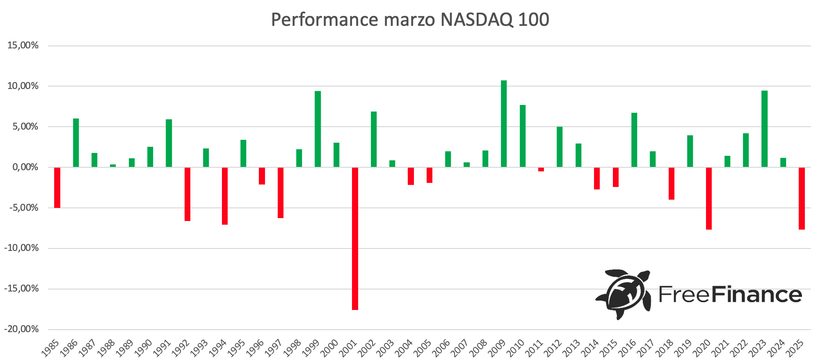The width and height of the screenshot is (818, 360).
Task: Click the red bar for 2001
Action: point(355,238)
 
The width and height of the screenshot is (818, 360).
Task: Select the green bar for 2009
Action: point(504,123)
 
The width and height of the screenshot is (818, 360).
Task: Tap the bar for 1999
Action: point(318,129)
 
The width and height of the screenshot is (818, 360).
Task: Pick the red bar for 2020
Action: point(708,198)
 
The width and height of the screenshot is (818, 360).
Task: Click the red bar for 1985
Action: point(57,187)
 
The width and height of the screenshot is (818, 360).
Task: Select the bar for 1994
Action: point(225,196)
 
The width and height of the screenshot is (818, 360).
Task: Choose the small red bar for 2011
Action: point(541,169)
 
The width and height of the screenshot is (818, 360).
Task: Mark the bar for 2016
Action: point(634,139)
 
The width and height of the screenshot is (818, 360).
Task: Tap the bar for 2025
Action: point(802,198)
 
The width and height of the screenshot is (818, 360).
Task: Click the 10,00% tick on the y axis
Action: point(23,86)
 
